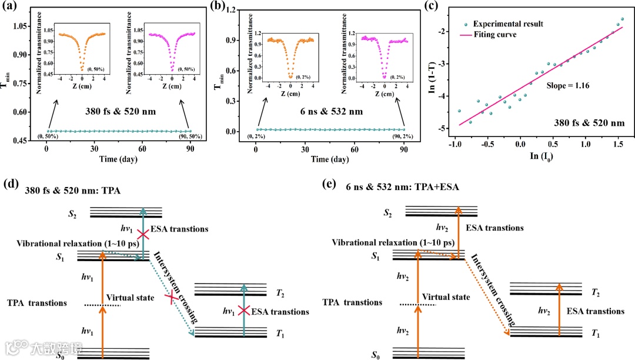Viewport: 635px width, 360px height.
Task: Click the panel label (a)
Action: click(12, 9)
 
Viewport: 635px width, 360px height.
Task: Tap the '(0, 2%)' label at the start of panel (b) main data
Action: click(250, 137)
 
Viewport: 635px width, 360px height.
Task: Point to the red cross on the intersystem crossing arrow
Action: click(172, 299)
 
